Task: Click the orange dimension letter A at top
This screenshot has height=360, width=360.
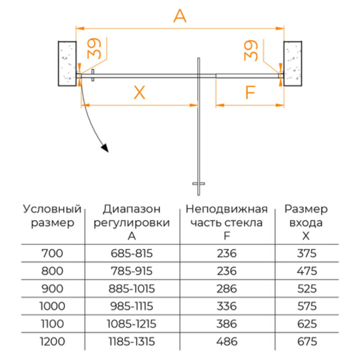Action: click(180, 17)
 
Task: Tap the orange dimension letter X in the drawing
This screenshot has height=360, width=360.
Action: click(139, 93)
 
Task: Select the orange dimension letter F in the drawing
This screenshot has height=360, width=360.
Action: click(250, 93)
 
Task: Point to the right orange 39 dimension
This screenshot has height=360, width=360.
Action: click(251, 50)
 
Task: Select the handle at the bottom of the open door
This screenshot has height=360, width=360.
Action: click(198, 184)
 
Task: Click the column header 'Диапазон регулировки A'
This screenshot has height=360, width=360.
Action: click(131, 222)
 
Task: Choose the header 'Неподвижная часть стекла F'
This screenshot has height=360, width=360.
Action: click(226, 222)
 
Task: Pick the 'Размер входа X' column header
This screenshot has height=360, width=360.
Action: click(306, 222)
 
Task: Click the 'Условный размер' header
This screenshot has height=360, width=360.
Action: click(53, 216)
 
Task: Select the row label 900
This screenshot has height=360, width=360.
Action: click(52, 288)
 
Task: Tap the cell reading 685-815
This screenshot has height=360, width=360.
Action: click(131, 253)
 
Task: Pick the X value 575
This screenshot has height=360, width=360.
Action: click(307, 306)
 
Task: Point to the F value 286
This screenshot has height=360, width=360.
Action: click(226, 288)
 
